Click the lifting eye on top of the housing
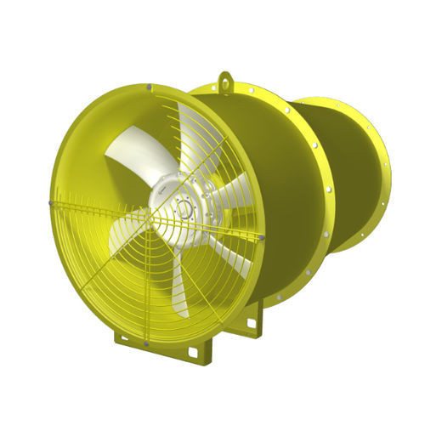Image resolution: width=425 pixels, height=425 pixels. click(225, 82)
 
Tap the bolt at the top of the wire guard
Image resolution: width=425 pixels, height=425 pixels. click(150, 86)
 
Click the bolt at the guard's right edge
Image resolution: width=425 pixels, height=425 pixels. click(263, 235)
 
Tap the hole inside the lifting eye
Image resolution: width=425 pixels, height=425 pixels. click(225, 79)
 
